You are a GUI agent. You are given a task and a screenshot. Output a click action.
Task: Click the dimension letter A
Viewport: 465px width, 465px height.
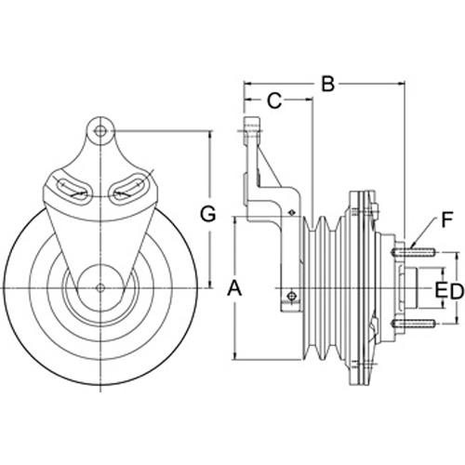[x=234, y=288]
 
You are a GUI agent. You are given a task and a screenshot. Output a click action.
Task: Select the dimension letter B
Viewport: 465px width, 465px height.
[x=327, y=84]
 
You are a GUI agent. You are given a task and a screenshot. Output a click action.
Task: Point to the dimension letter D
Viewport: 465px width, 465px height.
[x=457, y=292]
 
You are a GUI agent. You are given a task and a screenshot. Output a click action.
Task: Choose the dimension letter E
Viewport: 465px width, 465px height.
[x=442, y=292]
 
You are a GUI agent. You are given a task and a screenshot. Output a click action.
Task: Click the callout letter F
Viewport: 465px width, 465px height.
[x=446, y=219]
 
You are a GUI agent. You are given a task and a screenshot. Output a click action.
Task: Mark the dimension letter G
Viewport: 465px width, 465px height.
[x=207, y=214]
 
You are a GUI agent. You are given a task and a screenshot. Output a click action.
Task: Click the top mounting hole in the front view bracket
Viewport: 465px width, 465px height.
[x=100, y=131]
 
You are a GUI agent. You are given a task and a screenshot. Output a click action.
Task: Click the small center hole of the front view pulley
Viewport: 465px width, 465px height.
[x=100, y=287]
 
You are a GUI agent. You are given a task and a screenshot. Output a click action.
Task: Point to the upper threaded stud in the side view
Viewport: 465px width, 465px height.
[x=414, y=252]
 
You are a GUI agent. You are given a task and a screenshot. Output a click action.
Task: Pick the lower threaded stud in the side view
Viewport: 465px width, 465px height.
[x=414, y=324]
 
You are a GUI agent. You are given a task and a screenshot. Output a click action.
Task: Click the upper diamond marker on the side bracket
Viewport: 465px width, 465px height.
[x=290, y=212]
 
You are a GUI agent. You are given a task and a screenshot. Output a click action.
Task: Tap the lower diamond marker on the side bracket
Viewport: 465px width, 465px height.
[x=291, y=296]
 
